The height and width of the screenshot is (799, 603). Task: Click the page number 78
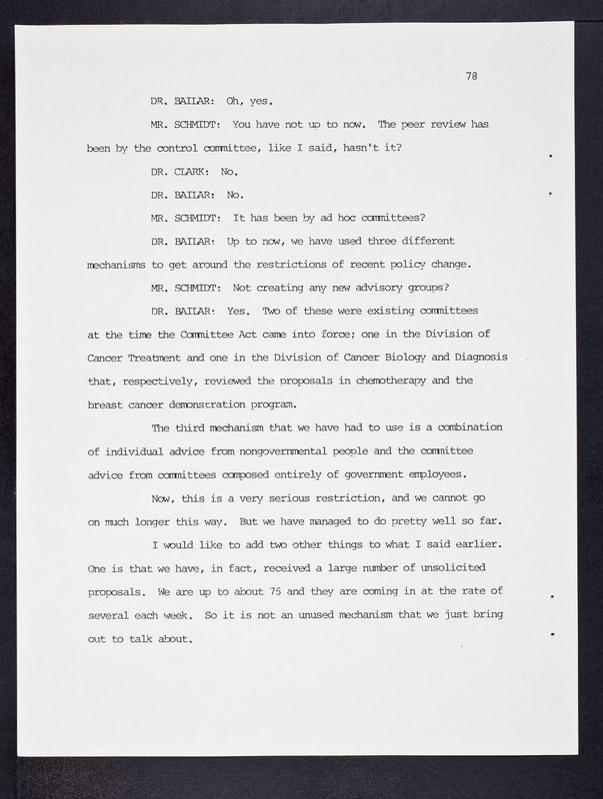tap(471, 76)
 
